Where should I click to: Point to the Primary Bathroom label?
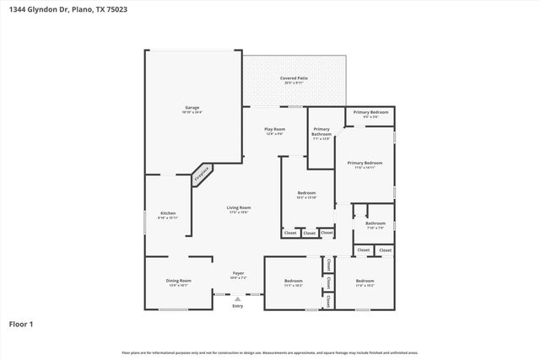point(321,132)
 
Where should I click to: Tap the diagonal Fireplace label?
point(201,175)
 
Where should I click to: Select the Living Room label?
point(239,209)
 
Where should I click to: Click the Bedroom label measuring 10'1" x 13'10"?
point(306,195)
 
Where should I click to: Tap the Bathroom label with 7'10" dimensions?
point(375,225)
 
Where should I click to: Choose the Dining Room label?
point(178,282)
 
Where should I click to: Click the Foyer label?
point(239,274)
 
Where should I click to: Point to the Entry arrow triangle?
point(238,298)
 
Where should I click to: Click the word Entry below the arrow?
point(238,307)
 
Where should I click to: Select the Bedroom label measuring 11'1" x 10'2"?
point(293,282)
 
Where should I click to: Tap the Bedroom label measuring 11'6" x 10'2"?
point(364,282)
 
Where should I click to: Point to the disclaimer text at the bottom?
point(270,352)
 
